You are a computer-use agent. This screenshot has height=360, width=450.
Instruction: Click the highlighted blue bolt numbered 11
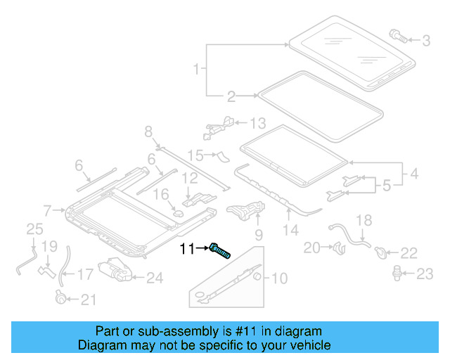click(221, 250)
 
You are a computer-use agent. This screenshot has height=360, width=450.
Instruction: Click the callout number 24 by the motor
click(154, 278)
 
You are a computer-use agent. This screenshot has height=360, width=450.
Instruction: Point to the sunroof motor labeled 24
click(115, 270)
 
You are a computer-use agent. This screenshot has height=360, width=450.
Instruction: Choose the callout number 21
click(87, 300)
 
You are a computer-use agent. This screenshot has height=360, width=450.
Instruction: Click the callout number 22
click(409, 252)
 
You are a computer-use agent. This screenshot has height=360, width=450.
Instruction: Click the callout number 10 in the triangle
click(278, 278)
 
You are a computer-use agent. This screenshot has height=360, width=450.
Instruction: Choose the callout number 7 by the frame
click(47, 210)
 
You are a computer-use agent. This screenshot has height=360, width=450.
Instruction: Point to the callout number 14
click(290, 229)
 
